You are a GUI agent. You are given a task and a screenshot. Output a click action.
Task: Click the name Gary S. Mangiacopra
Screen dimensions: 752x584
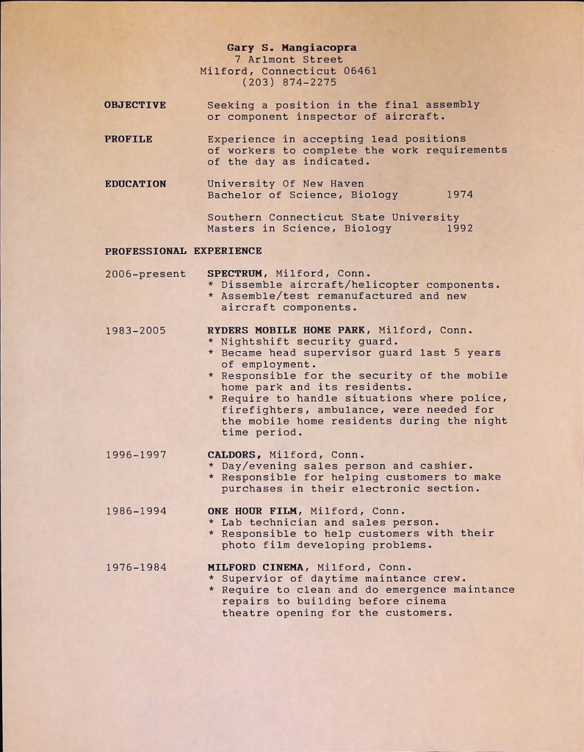pos(292,48)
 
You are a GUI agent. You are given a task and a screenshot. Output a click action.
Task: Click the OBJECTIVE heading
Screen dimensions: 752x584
pos(135,105)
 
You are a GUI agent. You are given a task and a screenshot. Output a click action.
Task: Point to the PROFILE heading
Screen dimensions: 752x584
pos(129,139)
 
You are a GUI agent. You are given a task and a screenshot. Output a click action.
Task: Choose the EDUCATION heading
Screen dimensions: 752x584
pos(135,184)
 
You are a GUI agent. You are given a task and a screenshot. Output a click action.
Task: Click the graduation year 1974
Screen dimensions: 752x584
pos(459,195)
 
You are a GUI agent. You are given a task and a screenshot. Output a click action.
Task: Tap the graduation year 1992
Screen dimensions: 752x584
pos(459,228)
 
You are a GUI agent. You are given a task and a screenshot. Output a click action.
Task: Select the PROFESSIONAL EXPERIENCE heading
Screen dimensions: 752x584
pos(183,251)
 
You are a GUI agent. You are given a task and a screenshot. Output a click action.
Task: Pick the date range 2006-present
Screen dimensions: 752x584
pos(145,274)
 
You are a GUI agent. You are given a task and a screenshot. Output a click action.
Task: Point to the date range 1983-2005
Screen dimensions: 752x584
pos(135,330)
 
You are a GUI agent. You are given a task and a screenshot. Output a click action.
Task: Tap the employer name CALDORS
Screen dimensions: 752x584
pos(234,455)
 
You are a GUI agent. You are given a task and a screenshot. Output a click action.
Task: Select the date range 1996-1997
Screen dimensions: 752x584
pos(135,455)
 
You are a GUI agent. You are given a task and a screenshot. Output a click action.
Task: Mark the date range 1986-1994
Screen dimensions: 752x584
pos(135,510)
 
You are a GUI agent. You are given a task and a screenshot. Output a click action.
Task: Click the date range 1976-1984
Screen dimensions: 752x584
pos(135,567)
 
